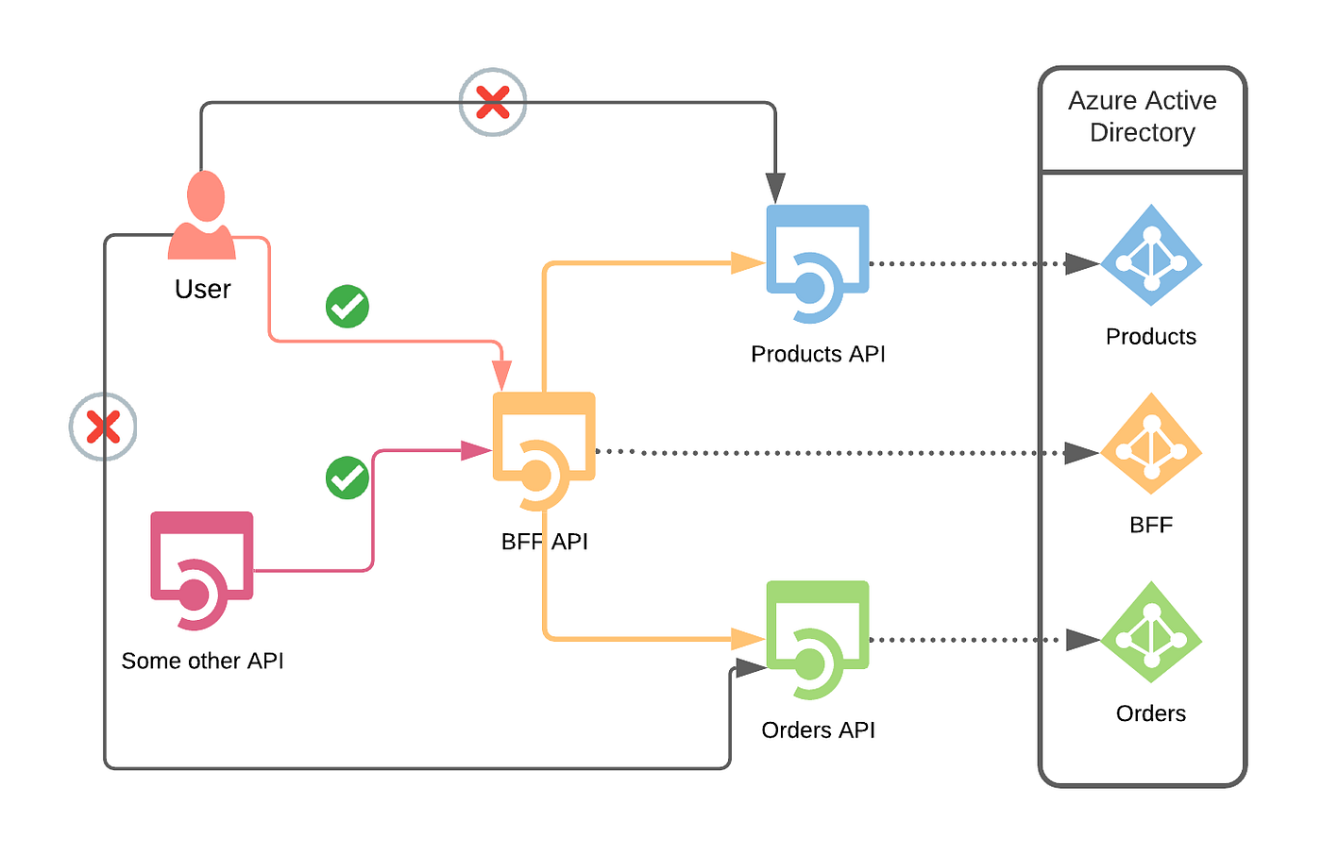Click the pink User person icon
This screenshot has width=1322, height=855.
(x=202, y=216)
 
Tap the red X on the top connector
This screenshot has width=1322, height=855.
(x=492, y=102)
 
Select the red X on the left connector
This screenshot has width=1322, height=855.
(x=103, y=427)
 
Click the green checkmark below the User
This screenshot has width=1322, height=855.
(x=347, y=307)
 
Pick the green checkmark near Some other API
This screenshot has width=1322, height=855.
(x=347, y=478)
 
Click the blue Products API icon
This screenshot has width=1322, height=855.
(x=818, y=264)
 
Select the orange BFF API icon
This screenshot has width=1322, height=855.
(x=544, y=451)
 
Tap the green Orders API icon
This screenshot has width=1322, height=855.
(x=818, y=640)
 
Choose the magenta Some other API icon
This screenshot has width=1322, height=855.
(x=202, y=571)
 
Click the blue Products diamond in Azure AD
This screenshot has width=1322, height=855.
(x=1151, y=256)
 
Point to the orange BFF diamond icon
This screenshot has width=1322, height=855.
(x=1151, y=444)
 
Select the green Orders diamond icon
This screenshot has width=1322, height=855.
(x=1151, y=632)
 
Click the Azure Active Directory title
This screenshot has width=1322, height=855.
(x=1143, y=117)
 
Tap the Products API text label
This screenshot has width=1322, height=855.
(x=818, y=354)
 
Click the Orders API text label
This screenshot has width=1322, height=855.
(x=818, y=730)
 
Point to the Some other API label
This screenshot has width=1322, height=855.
(x=202, y=661)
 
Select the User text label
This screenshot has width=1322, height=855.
(x=202, y=289)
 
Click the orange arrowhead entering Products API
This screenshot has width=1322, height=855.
(x=748, y=263)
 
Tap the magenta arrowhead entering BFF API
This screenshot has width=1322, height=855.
(x=476, y=451)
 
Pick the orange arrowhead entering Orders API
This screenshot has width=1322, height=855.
(x=748, y=640)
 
